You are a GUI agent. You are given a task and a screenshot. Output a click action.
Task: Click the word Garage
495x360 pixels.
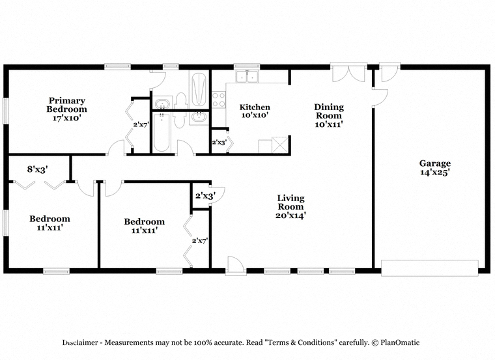click(434, 163)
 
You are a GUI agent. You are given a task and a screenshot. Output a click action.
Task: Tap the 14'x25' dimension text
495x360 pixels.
click(434, 173)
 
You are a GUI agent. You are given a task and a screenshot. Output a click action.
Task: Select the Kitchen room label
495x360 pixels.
click(255, 107)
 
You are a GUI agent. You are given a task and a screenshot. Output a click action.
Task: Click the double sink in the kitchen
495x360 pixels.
click(247, 76)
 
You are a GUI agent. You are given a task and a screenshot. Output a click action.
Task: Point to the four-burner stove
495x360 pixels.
click(219, 100)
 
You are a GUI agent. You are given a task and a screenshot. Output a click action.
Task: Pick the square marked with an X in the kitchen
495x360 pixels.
click(280, 145)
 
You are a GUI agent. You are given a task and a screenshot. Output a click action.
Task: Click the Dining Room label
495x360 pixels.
click(329, 111)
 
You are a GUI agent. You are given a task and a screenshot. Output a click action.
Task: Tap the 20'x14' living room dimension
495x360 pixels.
click(290, 215)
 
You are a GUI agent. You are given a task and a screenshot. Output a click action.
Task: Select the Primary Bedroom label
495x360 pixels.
click(66, 105)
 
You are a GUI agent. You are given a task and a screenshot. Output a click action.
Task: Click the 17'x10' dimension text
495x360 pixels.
click(67, 118)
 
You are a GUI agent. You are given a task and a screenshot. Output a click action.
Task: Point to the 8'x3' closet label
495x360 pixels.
click(37, 169)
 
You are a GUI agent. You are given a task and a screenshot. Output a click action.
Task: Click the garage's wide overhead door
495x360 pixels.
click(430, 268)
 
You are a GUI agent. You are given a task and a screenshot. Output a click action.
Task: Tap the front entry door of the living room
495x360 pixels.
click(236, 266)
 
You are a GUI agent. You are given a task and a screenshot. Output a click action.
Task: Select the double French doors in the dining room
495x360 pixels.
click(348, 72)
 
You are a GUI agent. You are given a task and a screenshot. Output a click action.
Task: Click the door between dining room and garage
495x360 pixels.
click(380, 98)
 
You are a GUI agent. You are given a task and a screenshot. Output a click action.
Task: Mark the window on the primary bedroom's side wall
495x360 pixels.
click(5, 111)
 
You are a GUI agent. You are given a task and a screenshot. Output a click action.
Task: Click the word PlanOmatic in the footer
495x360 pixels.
click(400, 342)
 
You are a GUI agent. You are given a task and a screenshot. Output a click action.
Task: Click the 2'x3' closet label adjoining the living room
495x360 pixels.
click(205, 196)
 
